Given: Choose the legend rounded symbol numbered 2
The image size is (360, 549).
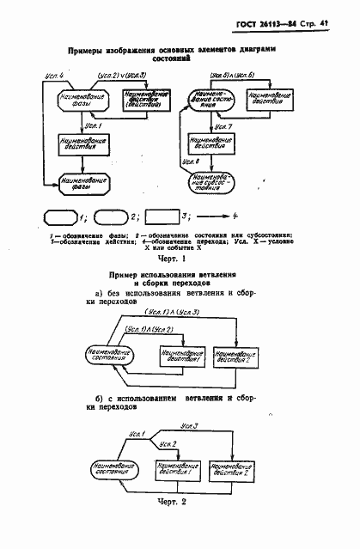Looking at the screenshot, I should click(x=109, y=216).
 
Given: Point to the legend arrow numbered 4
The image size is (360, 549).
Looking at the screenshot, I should click(x=211, y=216).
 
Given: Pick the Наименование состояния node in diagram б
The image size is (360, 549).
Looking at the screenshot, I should click(x=109, y=468).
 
